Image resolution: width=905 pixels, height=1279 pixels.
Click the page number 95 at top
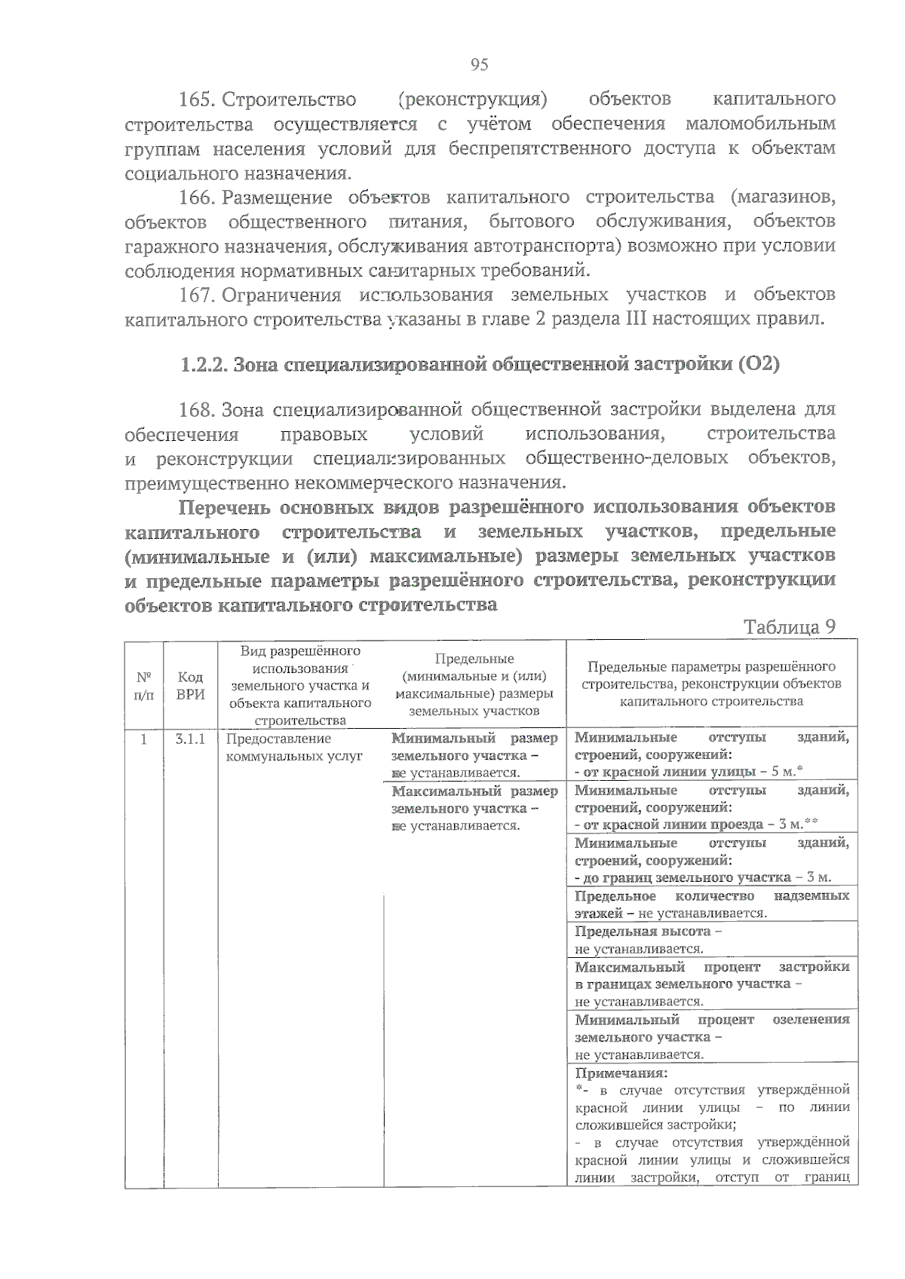479,65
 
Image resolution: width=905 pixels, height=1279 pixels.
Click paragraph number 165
198,99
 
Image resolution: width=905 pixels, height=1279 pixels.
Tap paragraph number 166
198,197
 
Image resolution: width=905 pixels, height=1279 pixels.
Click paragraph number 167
198,295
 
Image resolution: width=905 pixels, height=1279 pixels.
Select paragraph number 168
198,410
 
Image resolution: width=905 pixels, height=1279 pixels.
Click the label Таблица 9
789,627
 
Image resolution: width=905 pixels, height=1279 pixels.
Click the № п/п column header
143,685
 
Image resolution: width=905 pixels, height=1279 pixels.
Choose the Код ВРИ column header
190,685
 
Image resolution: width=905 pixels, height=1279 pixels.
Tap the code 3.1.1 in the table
190,739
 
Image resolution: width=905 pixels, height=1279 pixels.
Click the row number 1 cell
143,739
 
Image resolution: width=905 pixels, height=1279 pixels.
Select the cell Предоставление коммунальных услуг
294,747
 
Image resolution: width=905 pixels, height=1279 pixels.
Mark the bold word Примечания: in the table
621,1072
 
